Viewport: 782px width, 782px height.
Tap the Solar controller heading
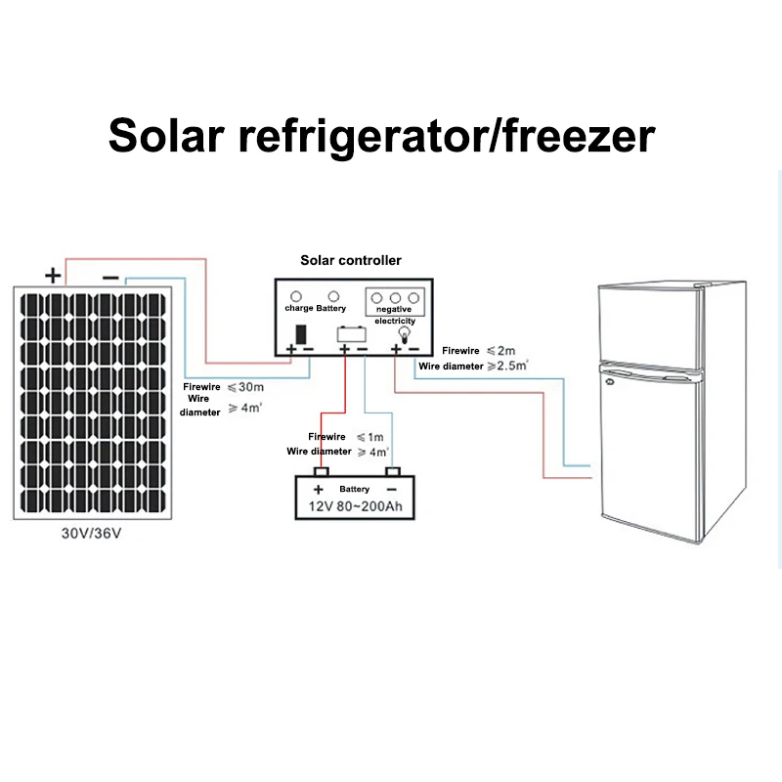350,261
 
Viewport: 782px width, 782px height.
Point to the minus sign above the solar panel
110,278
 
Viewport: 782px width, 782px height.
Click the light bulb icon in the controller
401,331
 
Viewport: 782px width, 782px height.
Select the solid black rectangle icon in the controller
300,332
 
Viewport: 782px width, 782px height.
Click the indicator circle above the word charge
296,296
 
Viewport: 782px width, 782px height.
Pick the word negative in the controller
395,309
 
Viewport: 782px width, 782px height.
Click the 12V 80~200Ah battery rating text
356,507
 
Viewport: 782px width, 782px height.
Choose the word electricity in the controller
395,321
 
